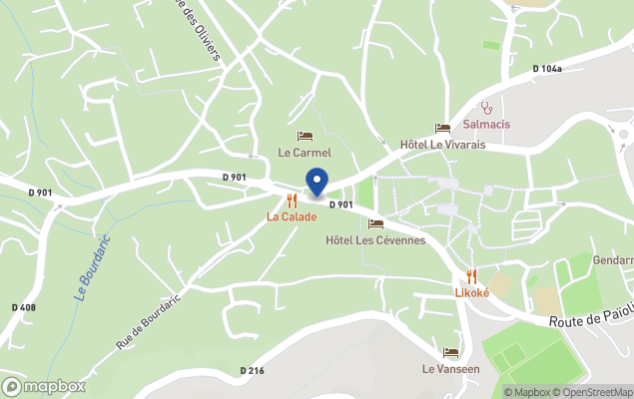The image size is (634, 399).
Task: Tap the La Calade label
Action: click(292, 216)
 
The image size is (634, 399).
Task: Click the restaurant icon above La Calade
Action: click(292, 200)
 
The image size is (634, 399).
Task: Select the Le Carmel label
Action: click(304, 153)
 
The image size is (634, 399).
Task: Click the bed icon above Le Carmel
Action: click(305, 136)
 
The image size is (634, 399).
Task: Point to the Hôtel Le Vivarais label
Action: click(442, 145)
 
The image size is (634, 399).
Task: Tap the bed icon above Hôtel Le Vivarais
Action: click(442, 128)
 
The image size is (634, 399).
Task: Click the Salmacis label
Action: click(487, 125)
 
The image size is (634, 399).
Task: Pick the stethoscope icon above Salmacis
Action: click(487, 107)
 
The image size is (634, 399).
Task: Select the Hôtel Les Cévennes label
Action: click(375, 240)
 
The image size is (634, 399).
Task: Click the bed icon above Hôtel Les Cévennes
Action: click(375, 223)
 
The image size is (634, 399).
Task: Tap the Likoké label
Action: click(471, 292)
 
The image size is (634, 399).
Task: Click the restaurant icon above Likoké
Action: click(471, 276)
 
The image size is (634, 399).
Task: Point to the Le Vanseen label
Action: click(450, 368)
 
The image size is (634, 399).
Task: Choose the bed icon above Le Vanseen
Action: click(450, 352)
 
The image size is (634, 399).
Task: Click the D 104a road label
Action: click(547, 69)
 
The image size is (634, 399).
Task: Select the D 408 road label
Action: click(23, 307)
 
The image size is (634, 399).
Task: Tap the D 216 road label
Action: click(252, 371)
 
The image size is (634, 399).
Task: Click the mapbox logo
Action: click(44, 386)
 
